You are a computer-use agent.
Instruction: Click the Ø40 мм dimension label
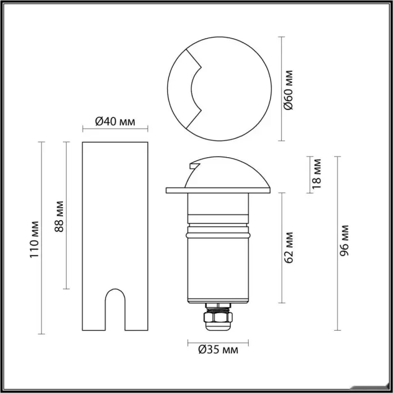[x=115, y=122]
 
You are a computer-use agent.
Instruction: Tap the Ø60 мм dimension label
[x=288, y=90]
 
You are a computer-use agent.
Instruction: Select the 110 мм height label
[x=34, y=240]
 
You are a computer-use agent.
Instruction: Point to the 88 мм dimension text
[x=60, y=217]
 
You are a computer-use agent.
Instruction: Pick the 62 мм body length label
[x=289, y=248]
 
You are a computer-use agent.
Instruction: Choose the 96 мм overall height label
[x=344, y=241]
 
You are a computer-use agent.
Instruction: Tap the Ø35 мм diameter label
[x=218, y=349]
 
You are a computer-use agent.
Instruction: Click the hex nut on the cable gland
[x=218, y=317]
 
